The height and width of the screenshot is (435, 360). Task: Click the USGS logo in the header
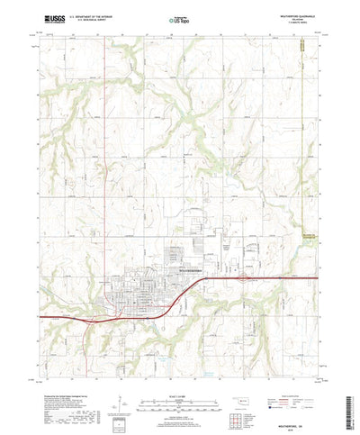click(51, 18)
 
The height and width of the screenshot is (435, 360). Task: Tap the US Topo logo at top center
click(179, 18)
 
